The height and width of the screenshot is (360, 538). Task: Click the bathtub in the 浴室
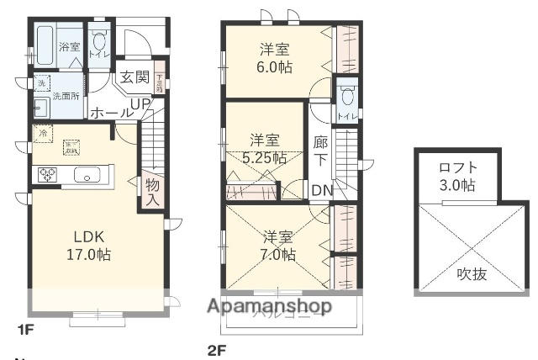click(x=45, y=41)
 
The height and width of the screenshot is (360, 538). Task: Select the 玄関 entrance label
click(x=134, y=77)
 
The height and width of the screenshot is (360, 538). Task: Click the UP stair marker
click(x=140, y=103)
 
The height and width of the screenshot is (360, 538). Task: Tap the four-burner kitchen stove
click(x=47, y=175)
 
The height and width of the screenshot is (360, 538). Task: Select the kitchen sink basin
click(x=87, y=176)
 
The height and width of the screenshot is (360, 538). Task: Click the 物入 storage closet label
click(x=152, y=192)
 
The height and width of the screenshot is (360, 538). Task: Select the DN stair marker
click(x=321, y=190)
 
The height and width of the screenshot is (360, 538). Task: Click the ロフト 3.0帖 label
click(x=457, y=175)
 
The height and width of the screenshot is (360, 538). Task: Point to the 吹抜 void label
click(x=470, y=274)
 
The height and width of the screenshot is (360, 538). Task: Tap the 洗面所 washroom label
click(x=66, y=96)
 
